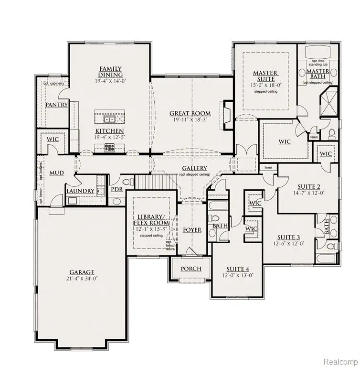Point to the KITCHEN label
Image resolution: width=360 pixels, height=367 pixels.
(x=109, y=131)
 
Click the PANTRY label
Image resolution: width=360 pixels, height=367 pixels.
(x=56, y=105)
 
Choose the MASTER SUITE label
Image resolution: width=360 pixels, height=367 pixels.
(x=265, y=76)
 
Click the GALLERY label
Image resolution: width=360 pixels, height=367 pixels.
(x=194, y=168)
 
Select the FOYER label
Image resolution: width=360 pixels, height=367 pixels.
(x=192, y=230)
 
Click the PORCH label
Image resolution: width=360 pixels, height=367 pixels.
(x=191, y=269)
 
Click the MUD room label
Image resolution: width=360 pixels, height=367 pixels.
(x=57, y=173)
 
